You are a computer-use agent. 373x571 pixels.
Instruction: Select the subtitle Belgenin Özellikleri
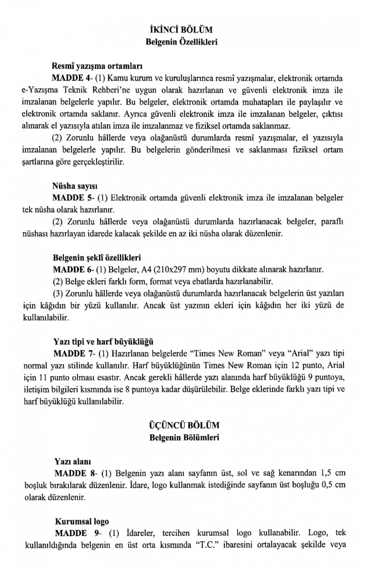click(181, 42)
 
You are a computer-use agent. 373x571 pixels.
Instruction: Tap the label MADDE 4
click(71, 78)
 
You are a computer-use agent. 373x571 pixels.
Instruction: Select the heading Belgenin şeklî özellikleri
click(97, 257)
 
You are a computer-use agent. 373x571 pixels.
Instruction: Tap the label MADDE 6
click(72, 269)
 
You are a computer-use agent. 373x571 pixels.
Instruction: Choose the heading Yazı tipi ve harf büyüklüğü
click(103, 342)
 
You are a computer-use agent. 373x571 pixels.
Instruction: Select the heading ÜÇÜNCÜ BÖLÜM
click(184, 425)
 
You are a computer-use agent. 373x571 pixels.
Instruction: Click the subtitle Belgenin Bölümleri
click(184, 437)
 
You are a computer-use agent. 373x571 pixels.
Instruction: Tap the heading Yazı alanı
click(73, 461)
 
